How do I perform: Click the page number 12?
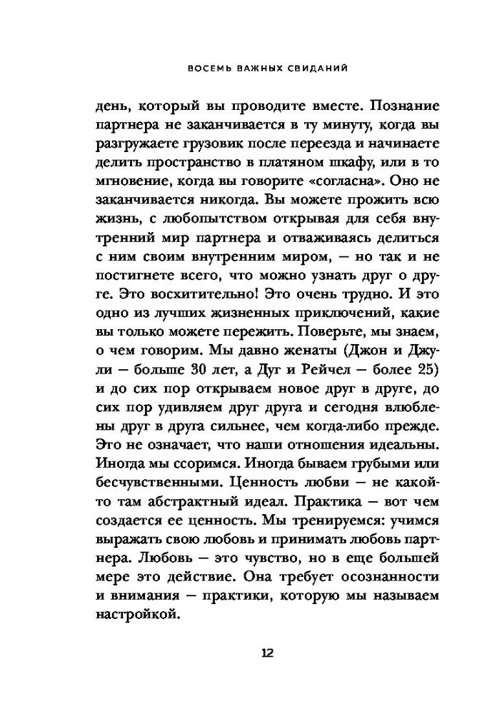248,653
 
